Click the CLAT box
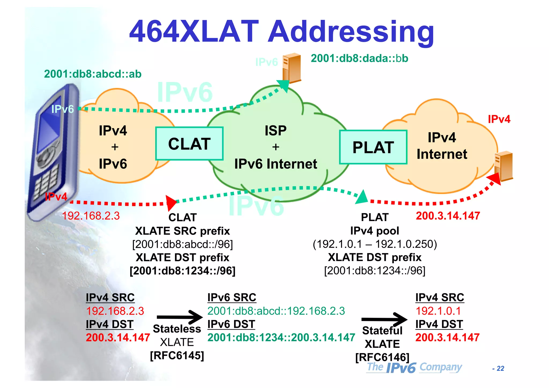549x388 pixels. [189, 144]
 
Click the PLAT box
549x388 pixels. [373, 147]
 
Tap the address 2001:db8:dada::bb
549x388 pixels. [359, 58]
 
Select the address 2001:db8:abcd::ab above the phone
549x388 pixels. [92, 74]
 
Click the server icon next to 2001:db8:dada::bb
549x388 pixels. [292, 68]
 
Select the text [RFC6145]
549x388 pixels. [177, 356]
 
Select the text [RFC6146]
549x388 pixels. [382, 357]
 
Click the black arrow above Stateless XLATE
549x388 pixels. [180, 317]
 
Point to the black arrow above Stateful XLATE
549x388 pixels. [384, 319]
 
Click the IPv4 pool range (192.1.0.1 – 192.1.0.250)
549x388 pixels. [375, 244]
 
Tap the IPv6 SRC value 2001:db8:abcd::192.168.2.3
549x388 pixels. [276, 311]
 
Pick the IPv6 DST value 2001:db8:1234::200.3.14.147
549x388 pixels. [281, 337]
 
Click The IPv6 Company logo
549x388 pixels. [414, 367]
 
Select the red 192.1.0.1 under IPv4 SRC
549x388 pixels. [438, 311]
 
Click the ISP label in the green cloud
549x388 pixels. [276, 131]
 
